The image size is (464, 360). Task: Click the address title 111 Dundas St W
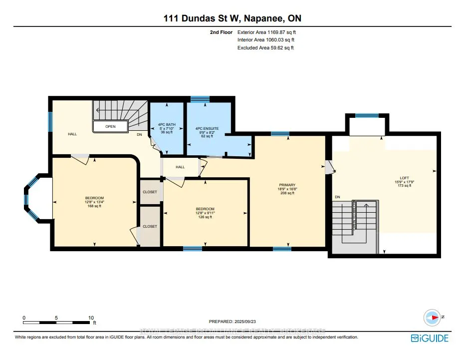[x=232, y=18]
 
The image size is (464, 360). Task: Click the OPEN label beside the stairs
[x=110, y=126]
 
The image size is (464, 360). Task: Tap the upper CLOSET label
[x=150, y=192]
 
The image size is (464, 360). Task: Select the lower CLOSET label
[x=150, y=226]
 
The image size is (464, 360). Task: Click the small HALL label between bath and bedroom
[x=180, y=167]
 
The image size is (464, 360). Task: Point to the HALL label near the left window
[x=72, y=134]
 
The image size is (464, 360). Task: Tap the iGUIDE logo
[x=430, y=339]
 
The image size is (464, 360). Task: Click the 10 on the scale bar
[x=91, y=318]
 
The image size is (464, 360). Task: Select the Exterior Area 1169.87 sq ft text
[x=270, y=31]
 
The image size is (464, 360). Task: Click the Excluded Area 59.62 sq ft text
[x=265, y=48]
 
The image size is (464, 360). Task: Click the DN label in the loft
[x=338, y=197]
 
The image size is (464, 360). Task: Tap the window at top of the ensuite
[x=200, y=100]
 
